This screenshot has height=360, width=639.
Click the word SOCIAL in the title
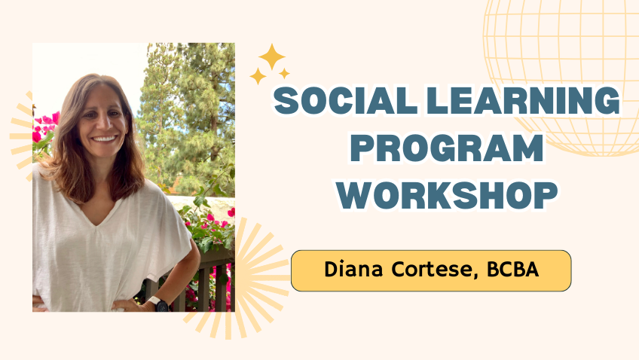[346, 101]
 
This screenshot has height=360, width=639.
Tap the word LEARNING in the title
[523, 101]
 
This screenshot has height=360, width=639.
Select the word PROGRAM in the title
[447, 148]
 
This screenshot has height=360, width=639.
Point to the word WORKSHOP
[447, 196]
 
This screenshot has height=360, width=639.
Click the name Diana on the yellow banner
[353, 269]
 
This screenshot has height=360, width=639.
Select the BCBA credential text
[512, 269]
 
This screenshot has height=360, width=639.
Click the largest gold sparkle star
[272, 56]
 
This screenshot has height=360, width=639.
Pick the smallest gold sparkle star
[284, 74]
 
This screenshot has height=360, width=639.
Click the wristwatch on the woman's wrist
[160, 304]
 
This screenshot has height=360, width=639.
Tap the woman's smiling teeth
[104, 139]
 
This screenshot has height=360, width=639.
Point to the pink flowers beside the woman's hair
[44, 127]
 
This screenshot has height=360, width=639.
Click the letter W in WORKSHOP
[357, 196]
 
